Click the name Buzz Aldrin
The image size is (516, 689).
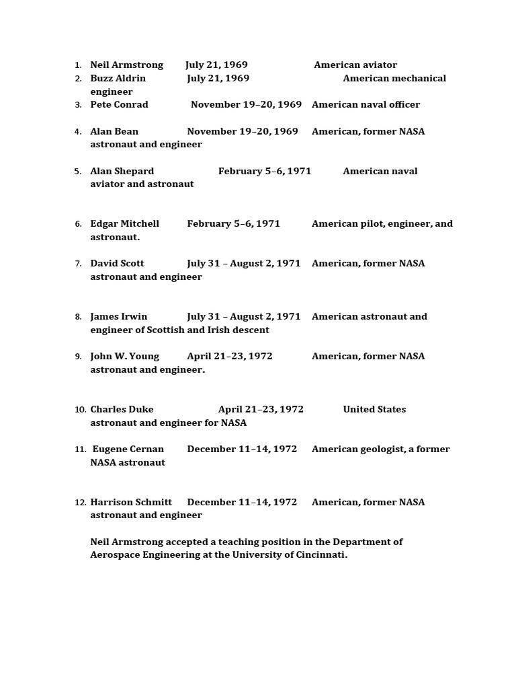coord(118,79)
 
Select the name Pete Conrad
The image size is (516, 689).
coord(119,105)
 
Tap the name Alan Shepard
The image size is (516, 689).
coord(122,172)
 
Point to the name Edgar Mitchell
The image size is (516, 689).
coord(124,224)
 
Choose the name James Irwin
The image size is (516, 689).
coord(118,317)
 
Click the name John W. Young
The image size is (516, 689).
coord(124,357)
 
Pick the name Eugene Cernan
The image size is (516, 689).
coord(128,449)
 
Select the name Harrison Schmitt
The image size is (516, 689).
coord(131,503)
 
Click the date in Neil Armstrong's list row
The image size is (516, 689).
coord(216,65)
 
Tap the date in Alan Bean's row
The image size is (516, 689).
coord(243,132)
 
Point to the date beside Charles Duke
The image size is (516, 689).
coord(261,410)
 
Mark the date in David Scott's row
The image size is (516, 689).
coord(244,264)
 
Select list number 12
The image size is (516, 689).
coord(81,503)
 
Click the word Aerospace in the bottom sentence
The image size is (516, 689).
coord(116,555)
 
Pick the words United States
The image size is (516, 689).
coord(374,410)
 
